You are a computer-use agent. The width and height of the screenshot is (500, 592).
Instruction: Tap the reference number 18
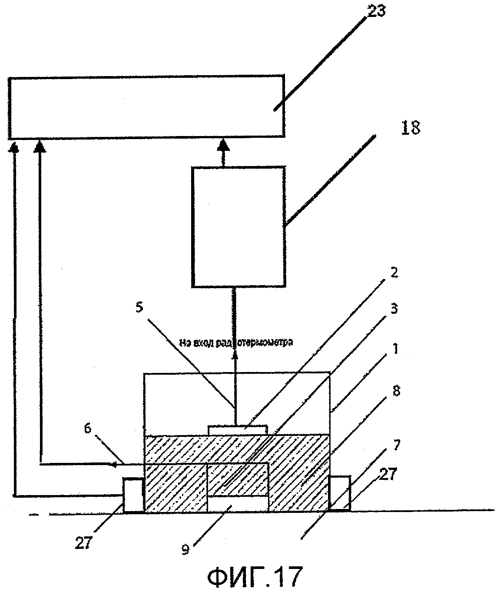pyautogui.click(x=411, y=129)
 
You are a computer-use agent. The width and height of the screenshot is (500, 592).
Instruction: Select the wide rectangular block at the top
pyautogui.click(x=146, y=107)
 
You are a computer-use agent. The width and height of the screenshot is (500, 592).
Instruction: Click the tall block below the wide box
pyautogui.click(x=238, y=226)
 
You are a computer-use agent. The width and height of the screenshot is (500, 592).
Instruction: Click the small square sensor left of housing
pyautogui.click(x=133, y=495)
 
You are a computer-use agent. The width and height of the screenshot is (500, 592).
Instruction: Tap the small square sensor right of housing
pyautogui.click(x=340, y=493)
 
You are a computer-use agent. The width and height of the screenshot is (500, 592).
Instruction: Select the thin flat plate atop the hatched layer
pyautogui.click(x=237, y=430)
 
